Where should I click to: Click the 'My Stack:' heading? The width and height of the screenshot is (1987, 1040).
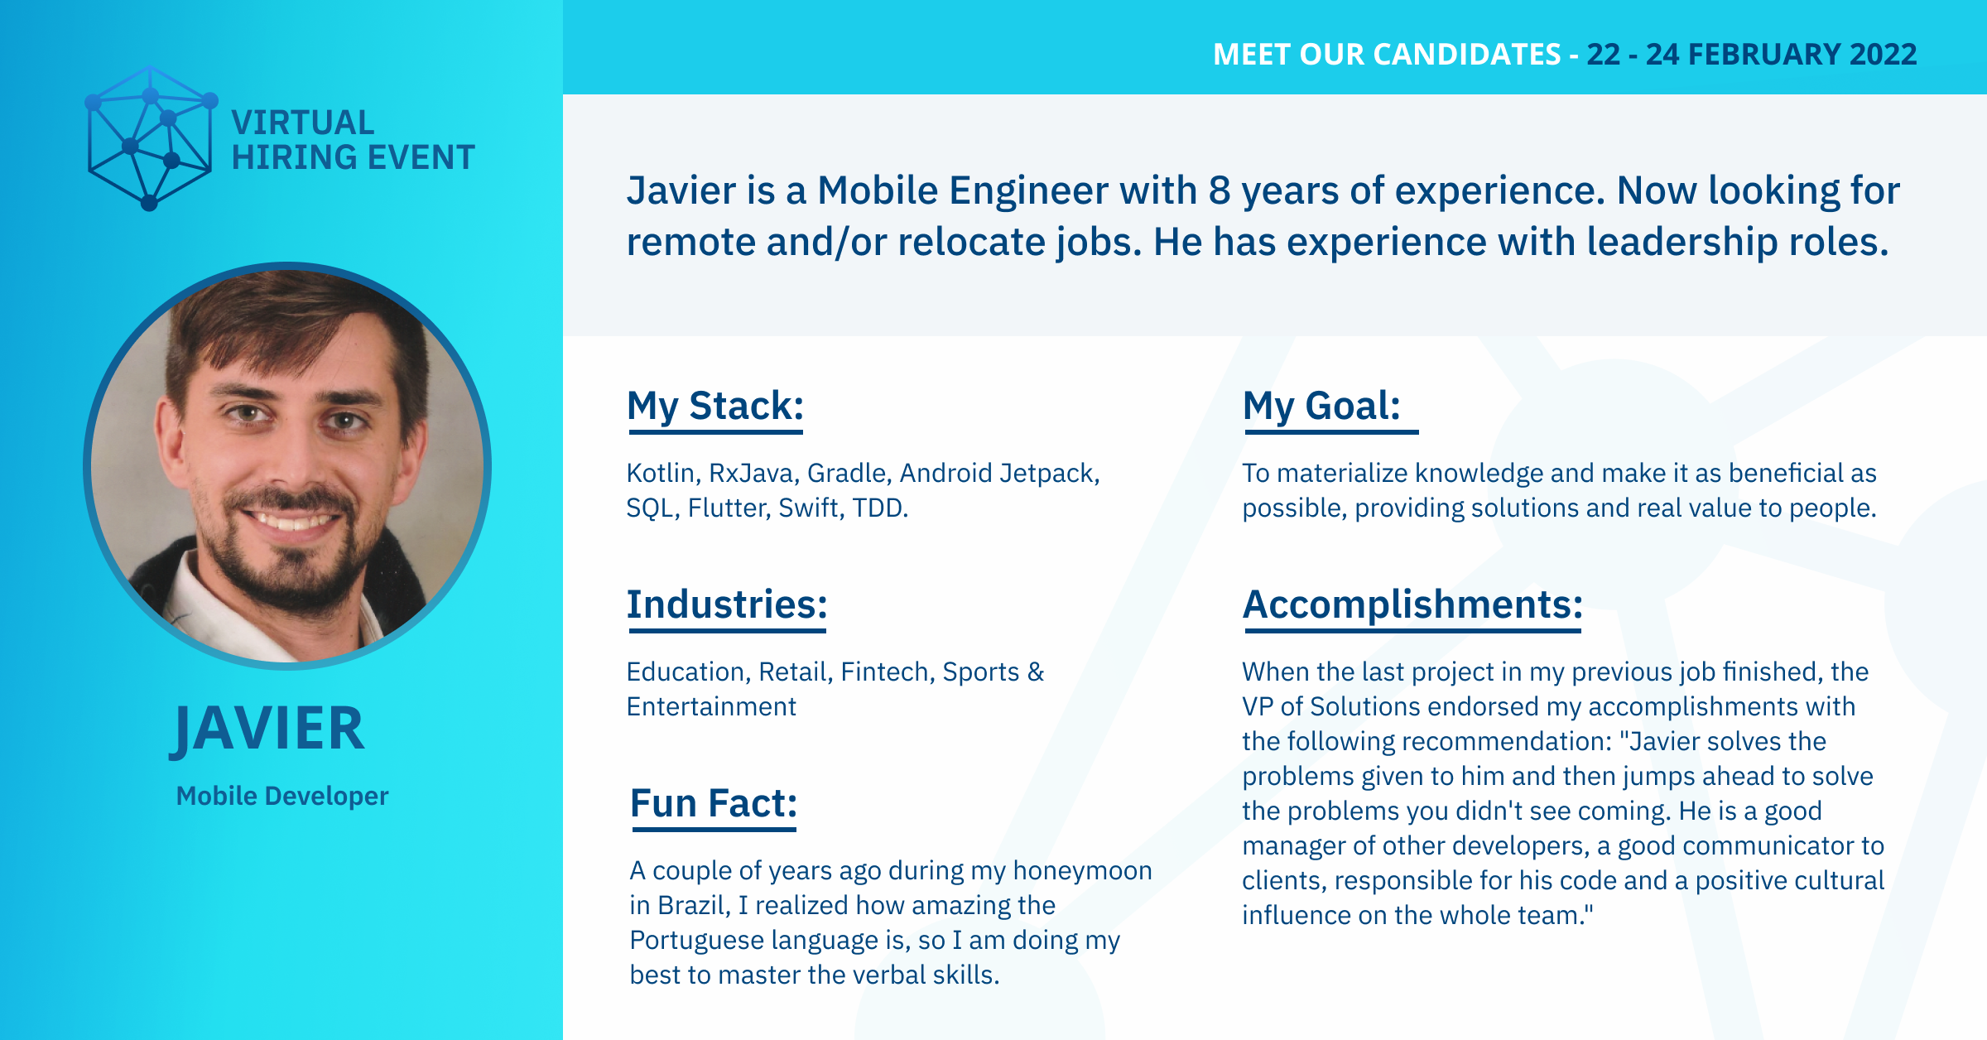click(715, 407)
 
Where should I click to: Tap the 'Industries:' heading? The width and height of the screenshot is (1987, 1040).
click(727, 604)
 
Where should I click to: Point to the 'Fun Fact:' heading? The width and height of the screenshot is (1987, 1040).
click(714, 803)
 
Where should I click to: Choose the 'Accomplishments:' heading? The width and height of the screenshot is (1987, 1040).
click(1412, 604)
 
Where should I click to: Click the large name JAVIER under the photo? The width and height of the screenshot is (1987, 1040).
click(267, 729)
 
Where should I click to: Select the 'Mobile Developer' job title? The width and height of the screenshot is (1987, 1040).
click(282, 796)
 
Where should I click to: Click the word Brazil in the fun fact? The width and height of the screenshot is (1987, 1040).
click(694, 905)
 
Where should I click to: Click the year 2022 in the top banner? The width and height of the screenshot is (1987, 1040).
click(1884, 55)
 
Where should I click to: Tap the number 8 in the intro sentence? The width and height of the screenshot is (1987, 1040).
click(1220, 190)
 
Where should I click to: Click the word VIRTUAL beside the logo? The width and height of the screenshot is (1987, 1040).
click(303, 123)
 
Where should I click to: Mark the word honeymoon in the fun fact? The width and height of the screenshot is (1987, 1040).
click(1082, 871)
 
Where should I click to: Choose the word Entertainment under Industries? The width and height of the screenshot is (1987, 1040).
click(711, 706)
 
